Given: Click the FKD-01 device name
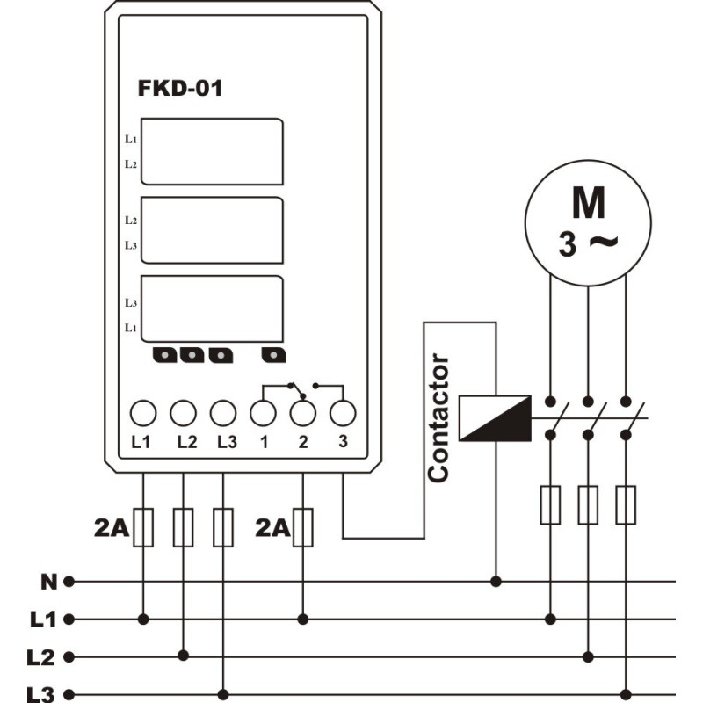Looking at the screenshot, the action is point(180,88).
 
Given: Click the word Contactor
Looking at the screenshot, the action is point(438,418).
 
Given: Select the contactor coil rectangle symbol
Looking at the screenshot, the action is point(495,418).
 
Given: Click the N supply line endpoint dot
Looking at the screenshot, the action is point(69,582).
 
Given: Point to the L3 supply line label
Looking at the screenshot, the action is point(40,694).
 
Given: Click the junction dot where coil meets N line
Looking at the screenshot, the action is point(496,582).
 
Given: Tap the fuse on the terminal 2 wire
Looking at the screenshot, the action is point(302,527).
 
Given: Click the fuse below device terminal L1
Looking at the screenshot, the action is point(143,527).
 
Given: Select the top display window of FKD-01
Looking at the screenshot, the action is point(212,151).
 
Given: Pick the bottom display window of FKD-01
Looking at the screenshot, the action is point(212,309).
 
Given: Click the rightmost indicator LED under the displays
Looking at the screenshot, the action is point(273,355).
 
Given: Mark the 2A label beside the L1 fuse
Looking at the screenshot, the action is point(112,528).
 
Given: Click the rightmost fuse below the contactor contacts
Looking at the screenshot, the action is point(626,504).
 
